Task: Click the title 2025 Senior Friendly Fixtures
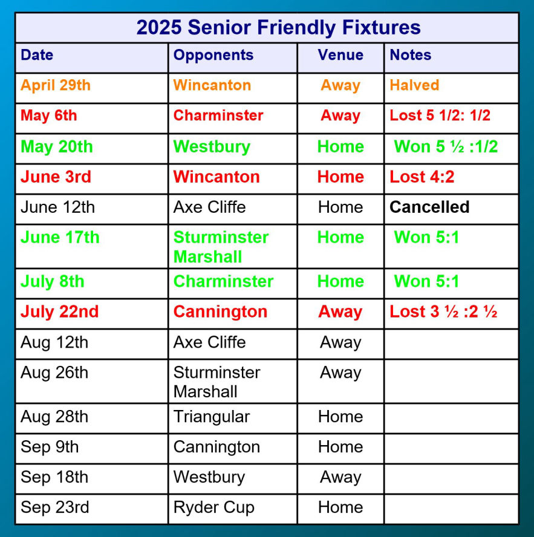[278, 27]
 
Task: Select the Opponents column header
[213, 55]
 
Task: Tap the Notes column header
[411, 55]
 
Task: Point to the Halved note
[414, 85]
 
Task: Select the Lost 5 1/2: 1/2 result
[440, 116]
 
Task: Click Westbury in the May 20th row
[212, 147]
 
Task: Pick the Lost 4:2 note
[422, 177]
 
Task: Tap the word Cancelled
[429, 207]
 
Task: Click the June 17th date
[60, 237]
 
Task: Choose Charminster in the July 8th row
[223, 282]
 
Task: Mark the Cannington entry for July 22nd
[220, 312]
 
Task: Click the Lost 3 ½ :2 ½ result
[443, 311]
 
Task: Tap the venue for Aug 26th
[340, 373]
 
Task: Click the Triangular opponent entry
[212, 417]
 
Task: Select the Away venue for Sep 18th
[340, 477]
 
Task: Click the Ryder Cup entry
[213, 507]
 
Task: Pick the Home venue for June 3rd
[340, 177]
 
